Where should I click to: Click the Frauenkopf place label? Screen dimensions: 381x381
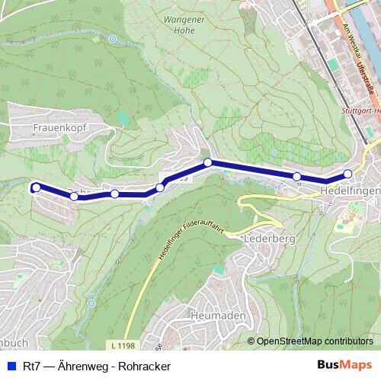click(62, 129)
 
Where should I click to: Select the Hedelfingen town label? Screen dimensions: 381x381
click(350, 190)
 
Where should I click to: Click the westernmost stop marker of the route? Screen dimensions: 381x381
click(35, 187)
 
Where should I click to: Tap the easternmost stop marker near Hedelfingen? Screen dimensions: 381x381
click(347, 174)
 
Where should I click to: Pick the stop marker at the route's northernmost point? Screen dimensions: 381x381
click(207, 162)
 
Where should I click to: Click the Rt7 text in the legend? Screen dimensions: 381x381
click(31, 367)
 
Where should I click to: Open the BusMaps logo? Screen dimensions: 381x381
click(344, 366)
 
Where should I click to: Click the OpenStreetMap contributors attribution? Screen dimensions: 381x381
click(314, 341)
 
